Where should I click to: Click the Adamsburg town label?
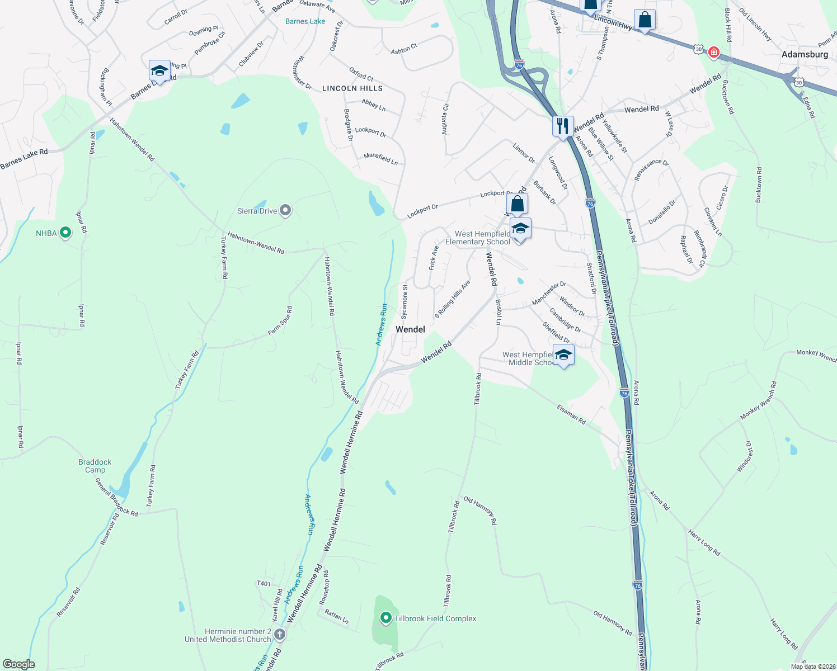[x=805, y=54]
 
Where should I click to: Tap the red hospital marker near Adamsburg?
[x=713, y=53]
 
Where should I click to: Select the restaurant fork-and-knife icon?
[x=563, y=126]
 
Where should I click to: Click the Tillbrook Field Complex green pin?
[x=385, y=618]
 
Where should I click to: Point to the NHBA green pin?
[x=65, y=233]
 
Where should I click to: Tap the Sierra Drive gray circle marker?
[x=285, y=211]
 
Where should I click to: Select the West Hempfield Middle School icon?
[x=563, y=355]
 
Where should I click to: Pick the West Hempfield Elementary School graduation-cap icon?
[x=520, y=229]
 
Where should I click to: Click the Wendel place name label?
[x=410, y=329]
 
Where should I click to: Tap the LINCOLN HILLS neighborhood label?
[x=352, y=88]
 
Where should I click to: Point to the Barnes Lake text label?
[x=305, y=21]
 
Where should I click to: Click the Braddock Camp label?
[x=95, y=466]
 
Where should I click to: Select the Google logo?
[x=18, y=664]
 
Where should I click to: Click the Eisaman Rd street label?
[x=571, y=415]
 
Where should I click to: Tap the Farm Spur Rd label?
[x=280, y=322]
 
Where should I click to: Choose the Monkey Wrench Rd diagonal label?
[x=758, y=400]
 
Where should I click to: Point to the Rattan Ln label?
[x=336, y=617]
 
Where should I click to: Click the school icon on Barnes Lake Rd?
[x=159, y=72]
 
